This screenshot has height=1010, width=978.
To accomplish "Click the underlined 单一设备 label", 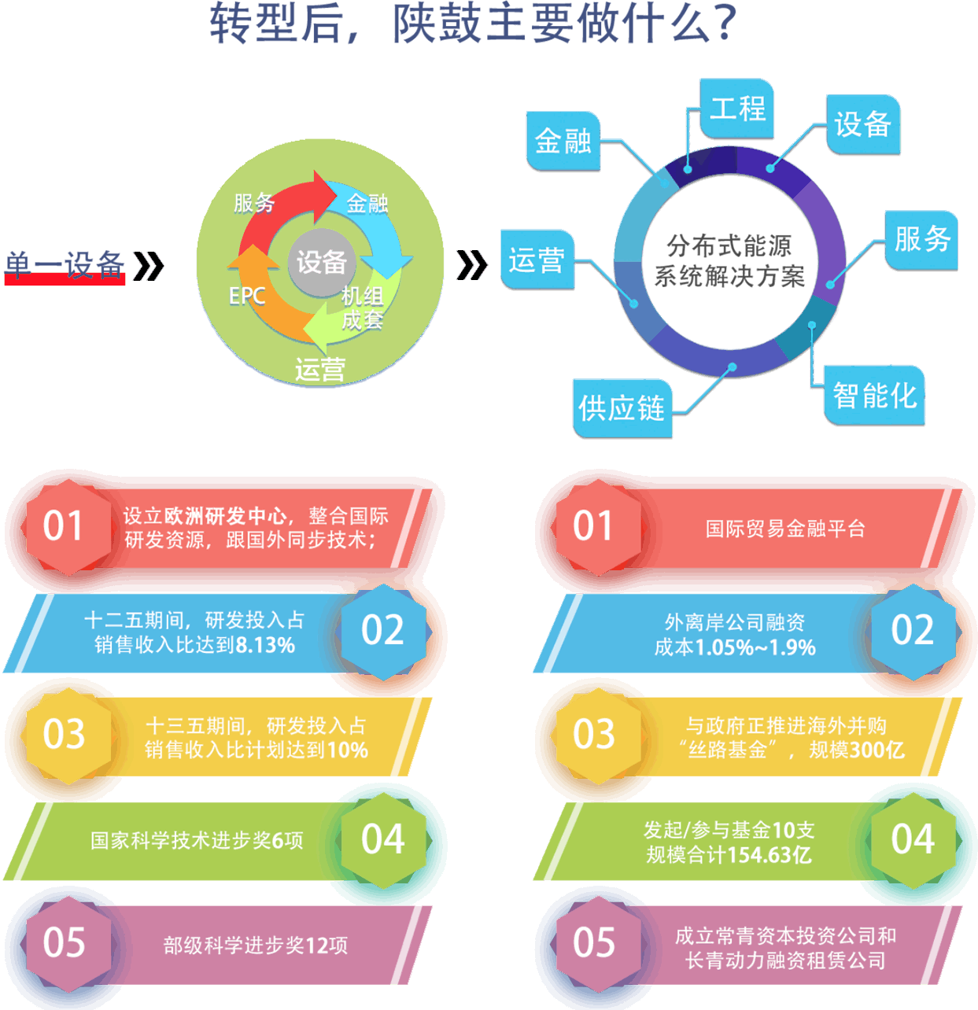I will [x=65, y=266].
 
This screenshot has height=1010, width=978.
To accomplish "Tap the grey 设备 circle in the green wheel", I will [x=321, y=262].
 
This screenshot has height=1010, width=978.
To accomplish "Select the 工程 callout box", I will [x=736, y=109].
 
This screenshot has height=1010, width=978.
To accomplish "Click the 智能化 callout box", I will [x=874, y=395].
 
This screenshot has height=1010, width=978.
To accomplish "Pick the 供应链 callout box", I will [x=622, y=408].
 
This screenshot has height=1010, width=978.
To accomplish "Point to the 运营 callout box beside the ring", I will [x=537, y=260].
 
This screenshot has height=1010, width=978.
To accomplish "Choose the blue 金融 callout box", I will [x=563, y=142].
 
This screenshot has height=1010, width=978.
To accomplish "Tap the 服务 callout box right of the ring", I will [x=921, y=239].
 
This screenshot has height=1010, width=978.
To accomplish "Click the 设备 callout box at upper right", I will [x=862, y=125].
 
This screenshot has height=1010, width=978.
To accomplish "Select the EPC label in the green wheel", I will [x=247, y=296].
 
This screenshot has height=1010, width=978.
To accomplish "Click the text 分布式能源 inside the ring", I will [x=729, y=246].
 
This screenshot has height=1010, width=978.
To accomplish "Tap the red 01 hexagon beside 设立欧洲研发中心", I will [x=64, y=526].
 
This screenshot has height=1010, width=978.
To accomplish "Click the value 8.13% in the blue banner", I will [x=265, y=646].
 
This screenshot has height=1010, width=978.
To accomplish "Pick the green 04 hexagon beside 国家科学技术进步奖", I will [x=383, y=839].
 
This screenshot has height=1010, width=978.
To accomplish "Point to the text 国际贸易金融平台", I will [x=784, y=529].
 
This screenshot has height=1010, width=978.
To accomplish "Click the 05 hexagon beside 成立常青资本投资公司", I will [x=594, y=942].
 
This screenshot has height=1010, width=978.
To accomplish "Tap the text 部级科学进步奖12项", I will [x=255, y=945].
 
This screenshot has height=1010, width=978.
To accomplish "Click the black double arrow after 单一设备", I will [x=149, y=266].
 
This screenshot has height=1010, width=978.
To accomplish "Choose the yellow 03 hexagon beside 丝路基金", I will [x=594, y=735].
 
